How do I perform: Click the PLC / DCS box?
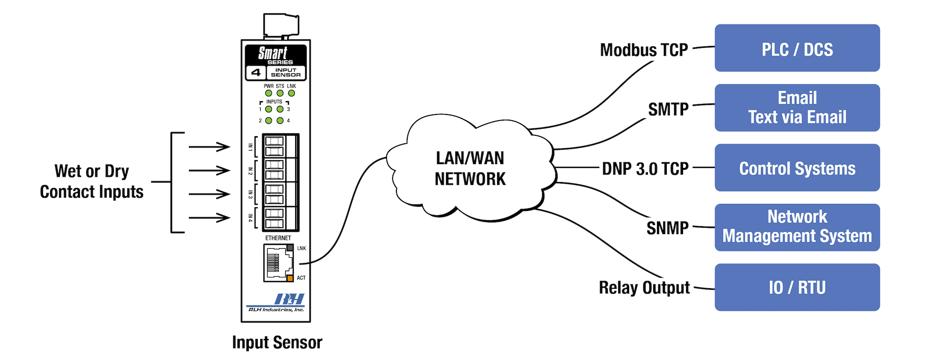pos(797,48)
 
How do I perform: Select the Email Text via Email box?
pos(797,108)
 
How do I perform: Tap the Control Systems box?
pos(797,167)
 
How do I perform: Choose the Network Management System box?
pos(797,228)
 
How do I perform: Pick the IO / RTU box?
pos(797,287)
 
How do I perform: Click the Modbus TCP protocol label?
pos(644,50)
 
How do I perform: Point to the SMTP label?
pos(668,110)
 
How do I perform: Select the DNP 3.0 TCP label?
pos(645,169)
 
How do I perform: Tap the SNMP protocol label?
pos(667,228)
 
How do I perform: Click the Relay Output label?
pos(644,288)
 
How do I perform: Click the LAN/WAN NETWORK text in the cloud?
pos(470,168)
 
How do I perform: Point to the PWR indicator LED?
pos(269,93)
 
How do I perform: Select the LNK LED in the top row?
pos(291,93)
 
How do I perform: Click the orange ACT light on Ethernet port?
pos(290,278)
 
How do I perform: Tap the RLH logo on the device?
pos(289,299)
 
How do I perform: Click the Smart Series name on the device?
pos(275,55)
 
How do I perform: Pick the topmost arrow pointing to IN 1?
pos(209,147)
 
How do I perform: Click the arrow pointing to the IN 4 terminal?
pos(209,218)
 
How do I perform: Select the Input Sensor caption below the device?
pos(277,342)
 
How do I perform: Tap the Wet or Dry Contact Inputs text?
pos(92,182)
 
